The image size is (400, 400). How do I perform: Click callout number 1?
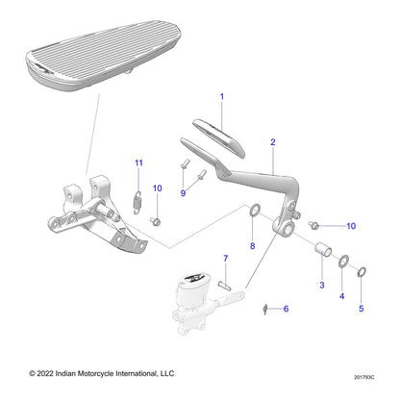tap(221, 97)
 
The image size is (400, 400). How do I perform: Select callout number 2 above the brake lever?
tap(273, 142)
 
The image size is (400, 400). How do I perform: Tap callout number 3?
tap(321, 287)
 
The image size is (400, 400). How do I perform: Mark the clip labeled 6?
tap(262, 308)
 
